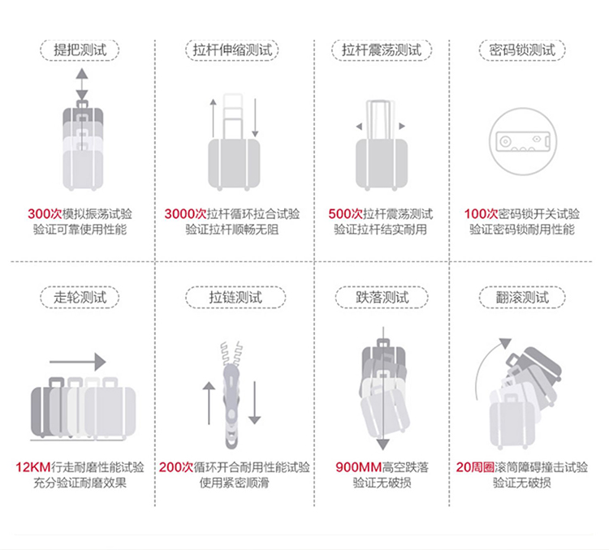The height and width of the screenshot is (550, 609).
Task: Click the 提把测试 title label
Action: [80, 50]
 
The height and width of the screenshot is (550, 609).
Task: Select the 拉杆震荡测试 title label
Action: [380, 50]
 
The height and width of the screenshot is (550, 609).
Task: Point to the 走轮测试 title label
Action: [80, 297]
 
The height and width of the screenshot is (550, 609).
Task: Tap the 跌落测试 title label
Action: [380, 297]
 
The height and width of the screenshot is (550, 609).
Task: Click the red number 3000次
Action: [185, 214]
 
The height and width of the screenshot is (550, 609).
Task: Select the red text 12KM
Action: [32, 467]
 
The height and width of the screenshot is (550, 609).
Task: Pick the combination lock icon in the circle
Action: [522, 143]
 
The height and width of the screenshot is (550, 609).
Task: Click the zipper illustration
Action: [231, 389]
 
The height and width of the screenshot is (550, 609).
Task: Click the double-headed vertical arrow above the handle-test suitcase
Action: [81, 84]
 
